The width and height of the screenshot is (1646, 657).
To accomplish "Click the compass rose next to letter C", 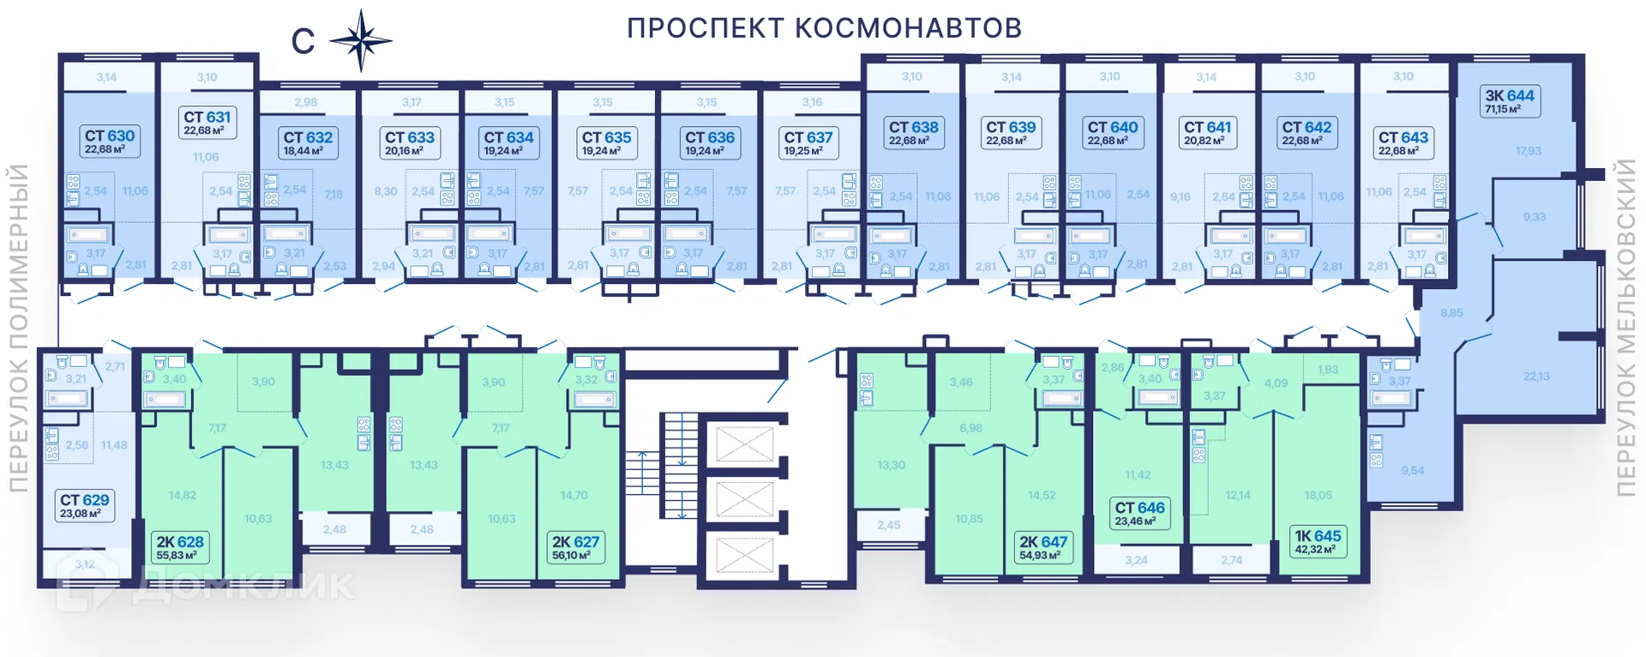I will [361, 40].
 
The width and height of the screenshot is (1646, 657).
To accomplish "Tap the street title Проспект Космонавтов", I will [824, 28].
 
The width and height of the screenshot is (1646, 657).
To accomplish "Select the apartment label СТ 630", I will [110, 141].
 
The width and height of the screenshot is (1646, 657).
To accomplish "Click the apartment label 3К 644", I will [1510, 101].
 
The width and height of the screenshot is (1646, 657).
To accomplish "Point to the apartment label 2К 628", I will [180, 547].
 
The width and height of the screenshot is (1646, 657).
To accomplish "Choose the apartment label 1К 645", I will [1318, 541].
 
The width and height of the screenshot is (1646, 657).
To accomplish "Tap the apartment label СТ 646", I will [1139, 513].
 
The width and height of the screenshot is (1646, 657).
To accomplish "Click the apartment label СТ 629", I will [84, 505].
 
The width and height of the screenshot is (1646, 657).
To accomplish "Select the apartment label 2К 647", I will [1042, 547].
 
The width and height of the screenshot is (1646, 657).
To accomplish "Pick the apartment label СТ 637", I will [808, 142].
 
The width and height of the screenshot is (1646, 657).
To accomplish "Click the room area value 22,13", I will [1536, 376].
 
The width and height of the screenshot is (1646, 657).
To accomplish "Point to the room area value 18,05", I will [1318, 495].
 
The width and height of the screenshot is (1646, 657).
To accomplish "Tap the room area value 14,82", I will [182, 495].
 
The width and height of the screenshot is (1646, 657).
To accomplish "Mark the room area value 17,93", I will [1528, 151].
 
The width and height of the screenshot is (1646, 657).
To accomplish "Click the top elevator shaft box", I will [744, 445].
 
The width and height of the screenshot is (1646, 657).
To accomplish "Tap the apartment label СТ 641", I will [1207, 132].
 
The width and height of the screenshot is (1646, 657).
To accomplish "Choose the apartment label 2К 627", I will [575, 547].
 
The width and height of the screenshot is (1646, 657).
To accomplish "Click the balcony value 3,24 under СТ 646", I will [1136, 560].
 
